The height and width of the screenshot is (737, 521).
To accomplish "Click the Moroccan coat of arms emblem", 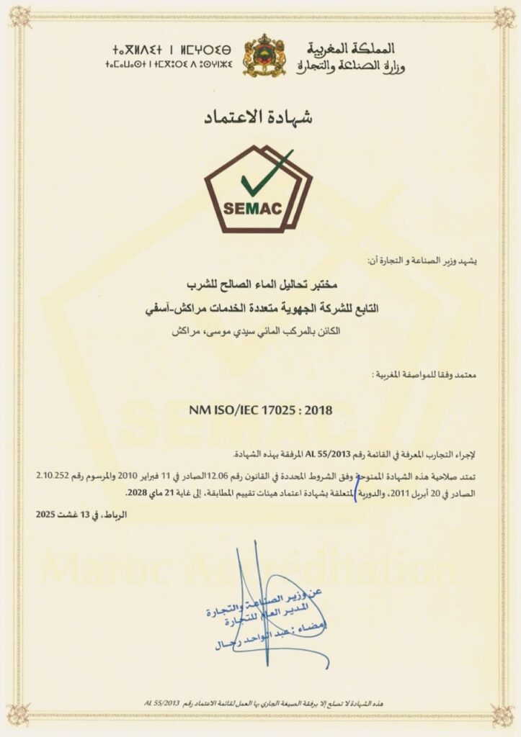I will (264, 55).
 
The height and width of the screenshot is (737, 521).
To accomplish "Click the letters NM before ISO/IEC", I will (198, 411).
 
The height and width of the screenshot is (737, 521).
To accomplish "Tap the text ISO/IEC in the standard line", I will (235, 411).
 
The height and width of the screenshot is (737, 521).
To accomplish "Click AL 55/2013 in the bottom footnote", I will (168, 701).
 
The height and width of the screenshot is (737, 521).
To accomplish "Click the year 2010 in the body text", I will (115, 476).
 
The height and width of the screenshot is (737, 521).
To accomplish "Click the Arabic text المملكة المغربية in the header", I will (360, 49).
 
